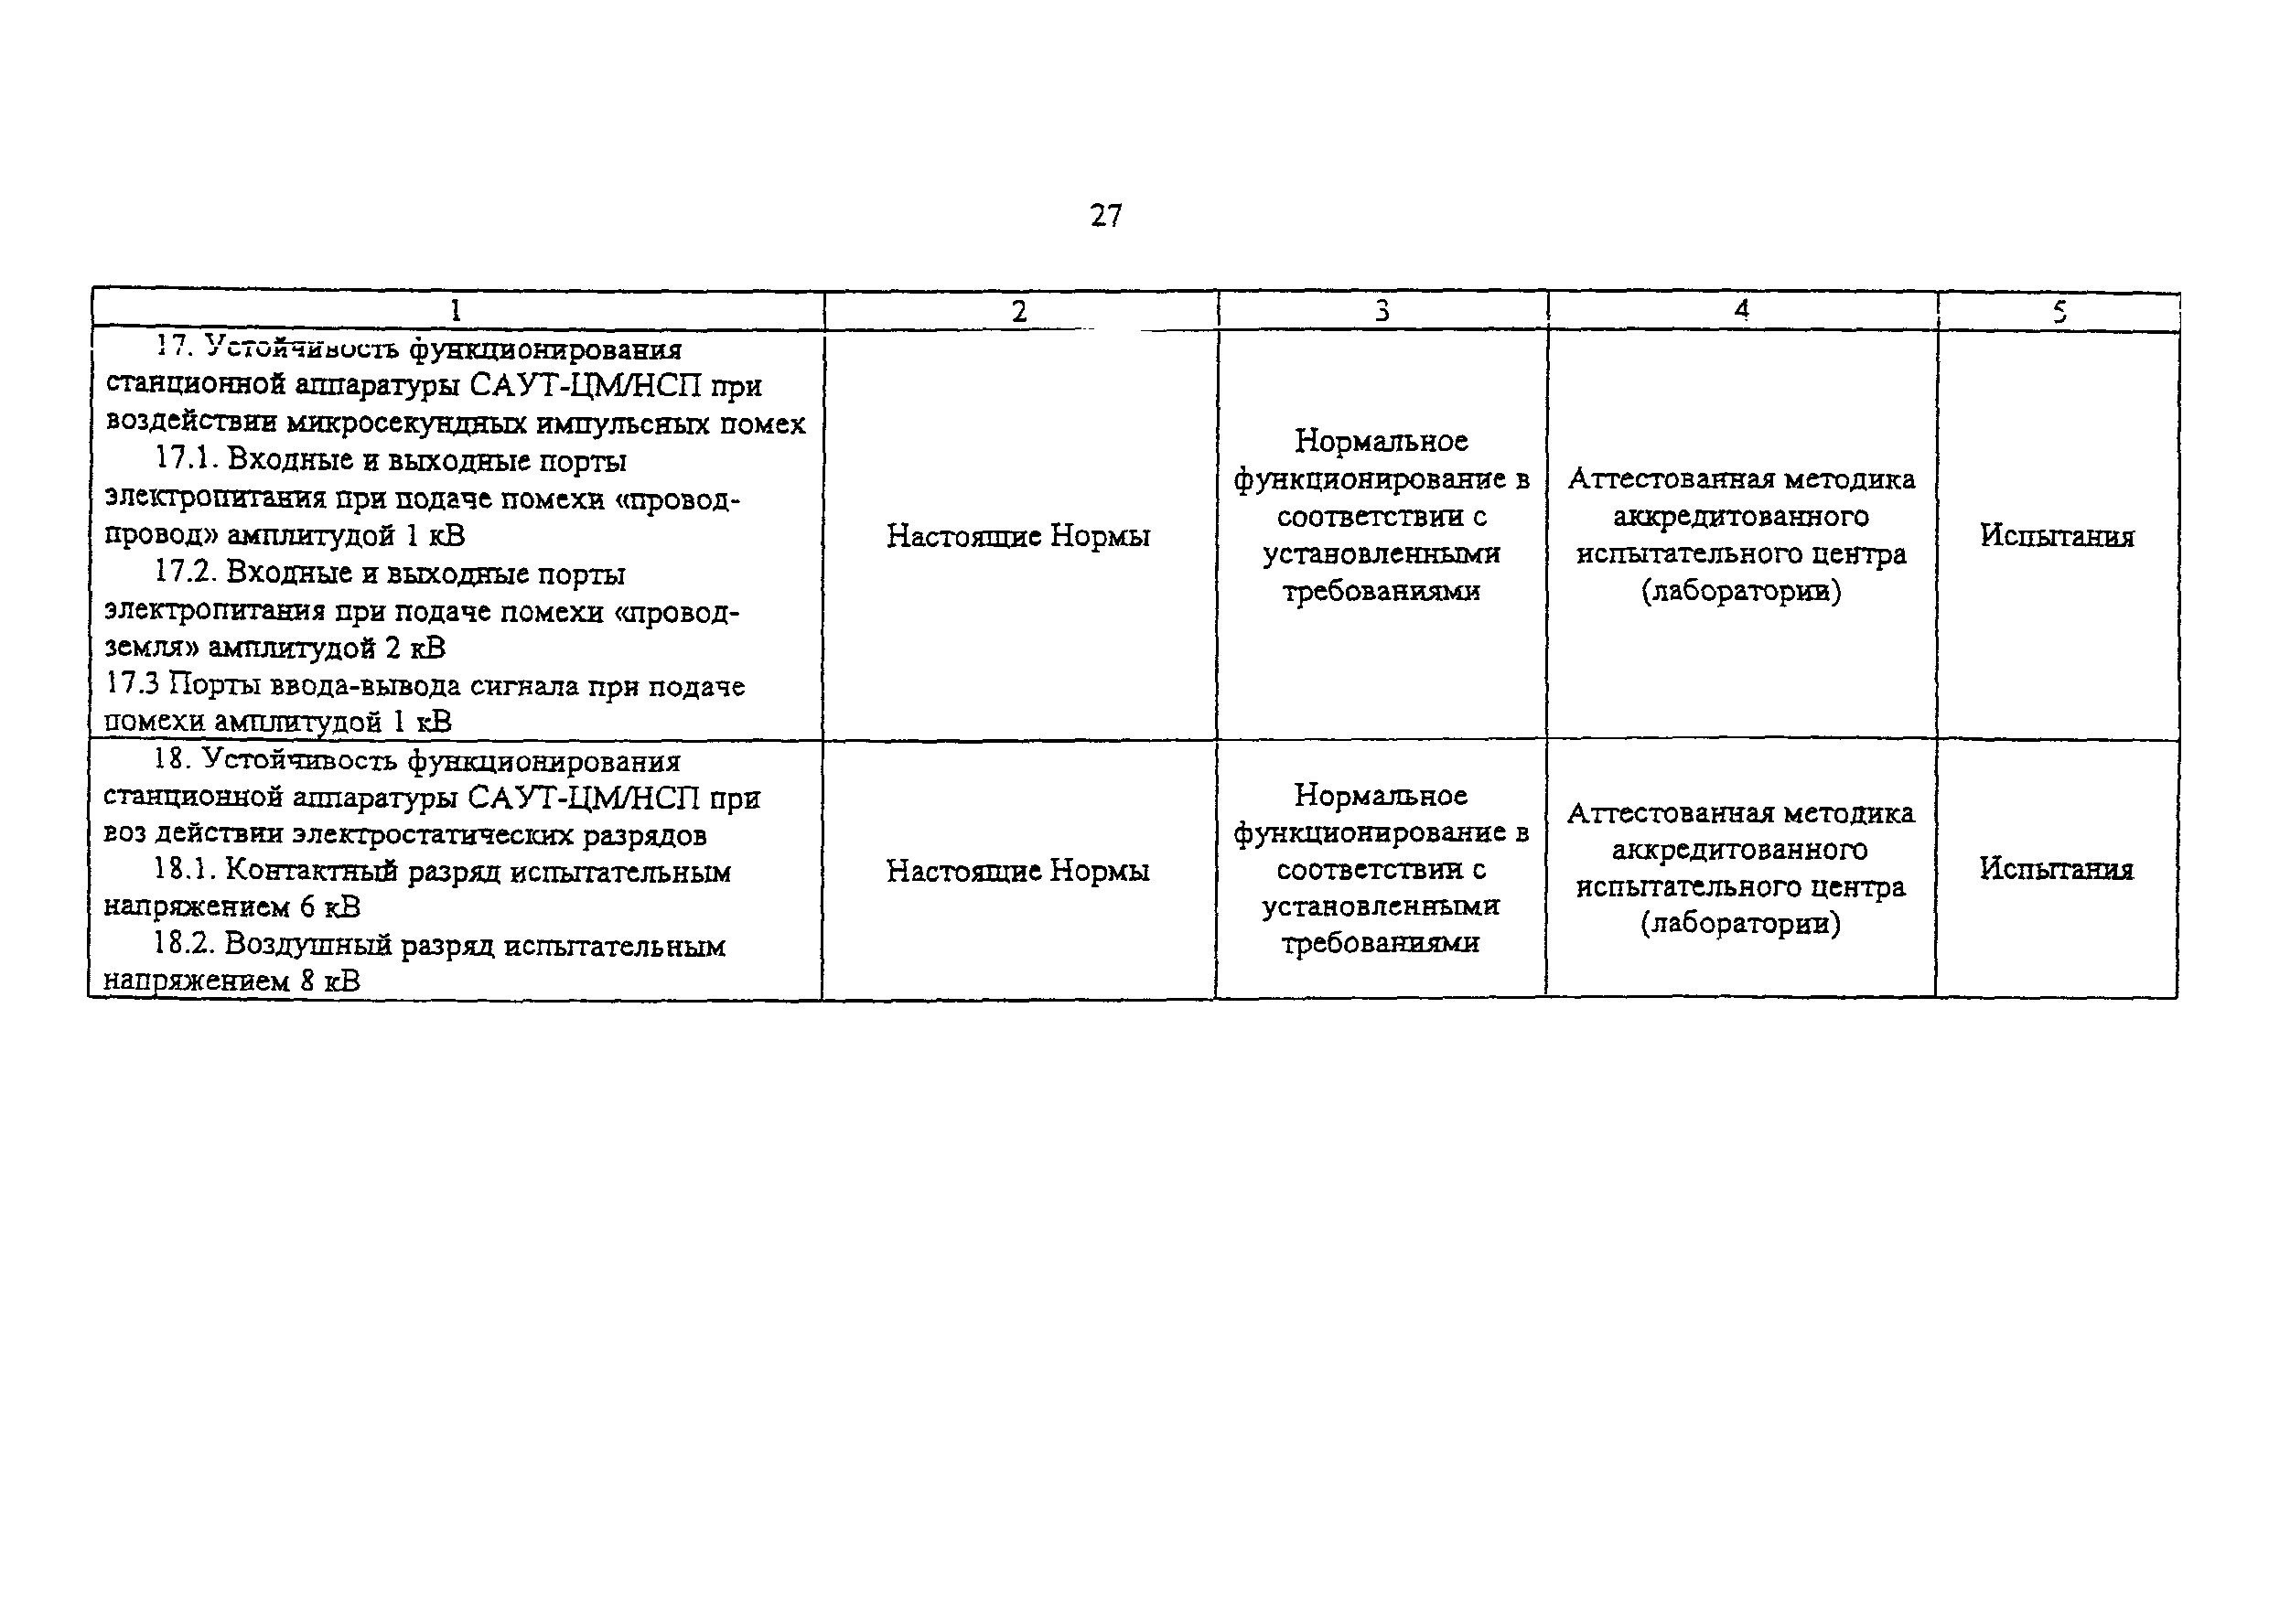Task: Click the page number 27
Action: tap(1106, 216)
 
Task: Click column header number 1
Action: tap(456, 311)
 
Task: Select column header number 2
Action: tap(1019, 311)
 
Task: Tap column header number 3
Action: tap(1382, 311)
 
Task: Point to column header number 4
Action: tap(1741, 310)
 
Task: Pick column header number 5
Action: tap(2059, 312)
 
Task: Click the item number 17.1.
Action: tap(185, 459)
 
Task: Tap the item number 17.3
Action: tap(133, 684)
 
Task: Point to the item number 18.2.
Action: tap(183, 944)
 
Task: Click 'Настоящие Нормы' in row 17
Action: tap(1018, 536)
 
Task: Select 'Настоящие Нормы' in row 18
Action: tap(1018, 870)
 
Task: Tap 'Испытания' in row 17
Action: tap(2057, 536)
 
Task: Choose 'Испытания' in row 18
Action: tap(2056, 869)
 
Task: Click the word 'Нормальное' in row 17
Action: tap(1381, 441)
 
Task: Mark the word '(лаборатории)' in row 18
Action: tap(1740, 924)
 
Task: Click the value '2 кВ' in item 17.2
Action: tap(415, 649)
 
